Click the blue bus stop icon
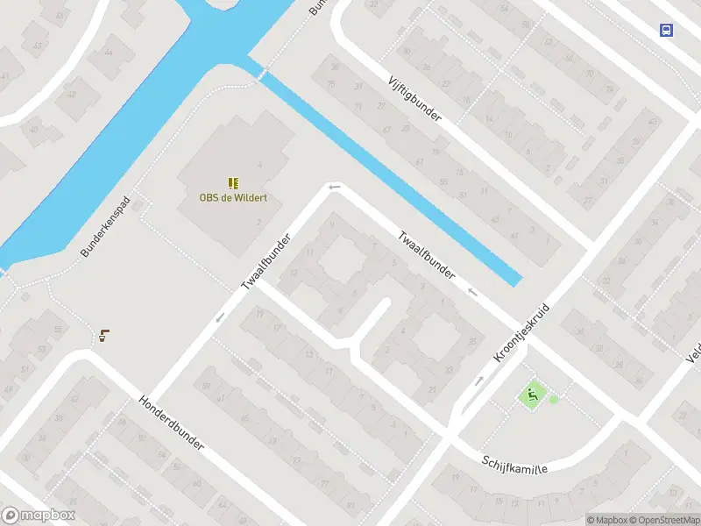[x=667, y=30]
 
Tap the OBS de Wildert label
[x=233, y=197]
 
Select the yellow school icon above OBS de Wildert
[x=233, y=182]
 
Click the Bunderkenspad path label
[x=105, y=227]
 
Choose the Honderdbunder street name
[x=171, y=423]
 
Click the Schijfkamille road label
[x=514, y=464]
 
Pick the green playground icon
[x=531, y=395]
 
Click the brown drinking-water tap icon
[x=103, y=335]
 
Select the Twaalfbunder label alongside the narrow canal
[x=427, y=255]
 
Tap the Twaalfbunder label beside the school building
[x=266, y=263]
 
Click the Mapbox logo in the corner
[x=39, y=515]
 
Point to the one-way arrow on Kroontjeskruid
[x=479, y=380]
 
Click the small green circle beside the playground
[x=553, y=399]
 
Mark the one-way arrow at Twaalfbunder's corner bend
[x=333, y=186]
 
